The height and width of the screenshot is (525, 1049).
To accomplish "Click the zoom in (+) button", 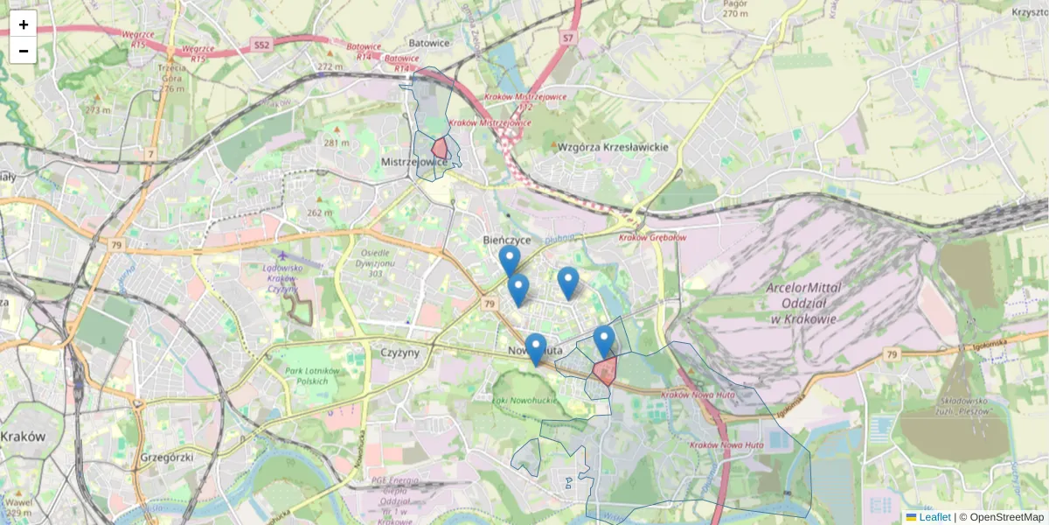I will (24, 24).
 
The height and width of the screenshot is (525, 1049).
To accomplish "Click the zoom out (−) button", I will (24, 51).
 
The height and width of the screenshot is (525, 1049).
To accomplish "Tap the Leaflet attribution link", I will (934, 517).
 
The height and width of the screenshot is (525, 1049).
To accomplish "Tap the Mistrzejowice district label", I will (414, 163).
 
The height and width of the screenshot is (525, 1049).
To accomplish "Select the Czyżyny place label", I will (402, 351).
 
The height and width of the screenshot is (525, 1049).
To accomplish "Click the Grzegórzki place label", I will (166, 457).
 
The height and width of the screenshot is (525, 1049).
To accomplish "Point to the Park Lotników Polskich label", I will (313, 376).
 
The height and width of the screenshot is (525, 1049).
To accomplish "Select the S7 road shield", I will (568, 38).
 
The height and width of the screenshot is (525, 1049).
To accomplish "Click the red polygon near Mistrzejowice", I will (441, 147).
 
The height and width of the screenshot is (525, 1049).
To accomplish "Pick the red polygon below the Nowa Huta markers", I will (605, 371).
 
